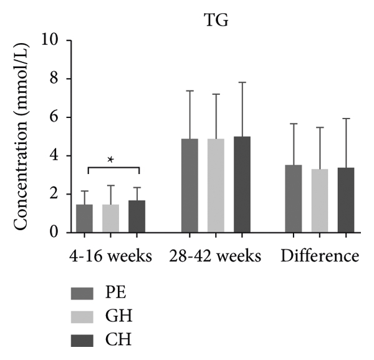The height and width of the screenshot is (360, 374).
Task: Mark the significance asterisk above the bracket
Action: pos(111,160)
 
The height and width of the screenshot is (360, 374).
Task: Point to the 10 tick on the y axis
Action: pos(50,41)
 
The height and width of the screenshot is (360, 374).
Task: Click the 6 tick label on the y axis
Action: pos(55,117)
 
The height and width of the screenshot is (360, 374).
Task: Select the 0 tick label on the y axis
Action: pos(55,233)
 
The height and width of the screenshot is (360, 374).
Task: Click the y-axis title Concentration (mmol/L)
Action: pos(21,137)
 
